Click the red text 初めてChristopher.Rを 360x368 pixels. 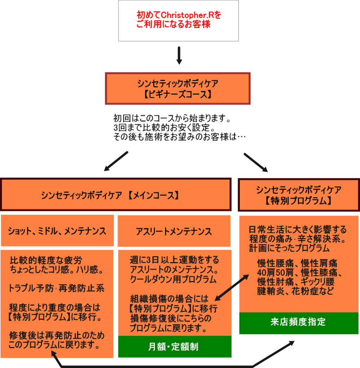click(179, 15)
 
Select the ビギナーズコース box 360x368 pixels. click(178, 88)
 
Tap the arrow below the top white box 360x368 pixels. click(179, 55)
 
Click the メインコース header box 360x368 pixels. click(116, 195)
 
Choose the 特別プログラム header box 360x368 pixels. click(299, 195)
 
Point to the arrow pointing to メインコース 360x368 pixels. click(116, 161)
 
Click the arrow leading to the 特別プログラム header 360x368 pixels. click(256, 163)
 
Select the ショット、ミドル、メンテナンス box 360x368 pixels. click(57, 230)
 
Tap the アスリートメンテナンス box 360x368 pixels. click(174, 231)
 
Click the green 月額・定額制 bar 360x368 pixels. click(175, 347)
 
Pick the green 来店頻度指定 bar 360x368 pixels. click(299, 323)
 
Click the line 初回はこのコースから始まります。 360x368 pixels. click(172, 118)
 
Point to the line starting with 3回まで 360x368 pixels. click(164, 127)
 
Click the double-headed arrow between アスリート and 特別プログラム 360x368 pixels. click(232, 288)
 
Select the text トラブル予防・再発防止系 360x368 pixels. click(56, 288)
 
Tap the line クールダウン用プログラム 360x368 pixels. click(173, 279)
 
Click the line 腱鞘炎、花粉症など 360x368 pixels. click(295, 291)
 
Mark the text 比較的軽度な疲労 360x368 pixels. click(46, 260)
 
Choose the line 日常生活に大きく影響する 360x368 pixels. click(298, 229)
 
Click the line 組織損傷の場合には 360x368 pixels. click(169, 299)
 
